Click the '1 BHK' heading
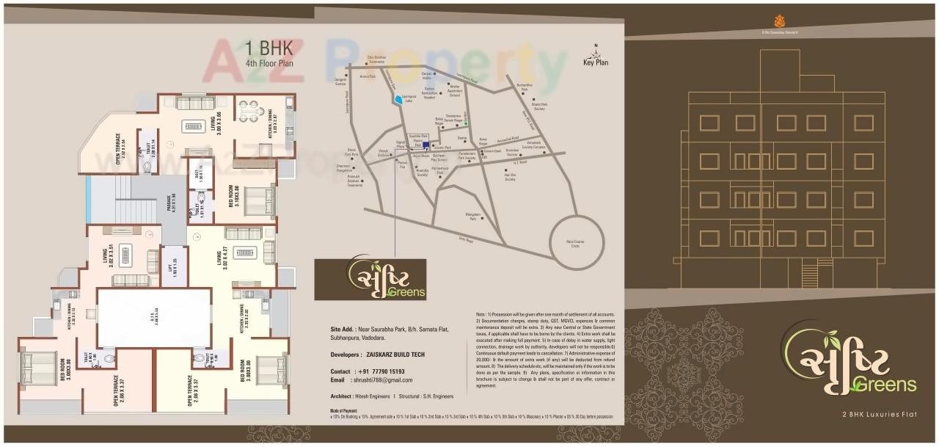coord(269,49)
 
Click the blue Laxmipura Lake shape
coord(398,101)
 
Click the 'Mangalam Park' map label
coord(472,217)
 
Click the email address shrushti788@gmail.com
coord(381,380)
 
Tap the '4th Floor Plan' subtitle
coord(269,64)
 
